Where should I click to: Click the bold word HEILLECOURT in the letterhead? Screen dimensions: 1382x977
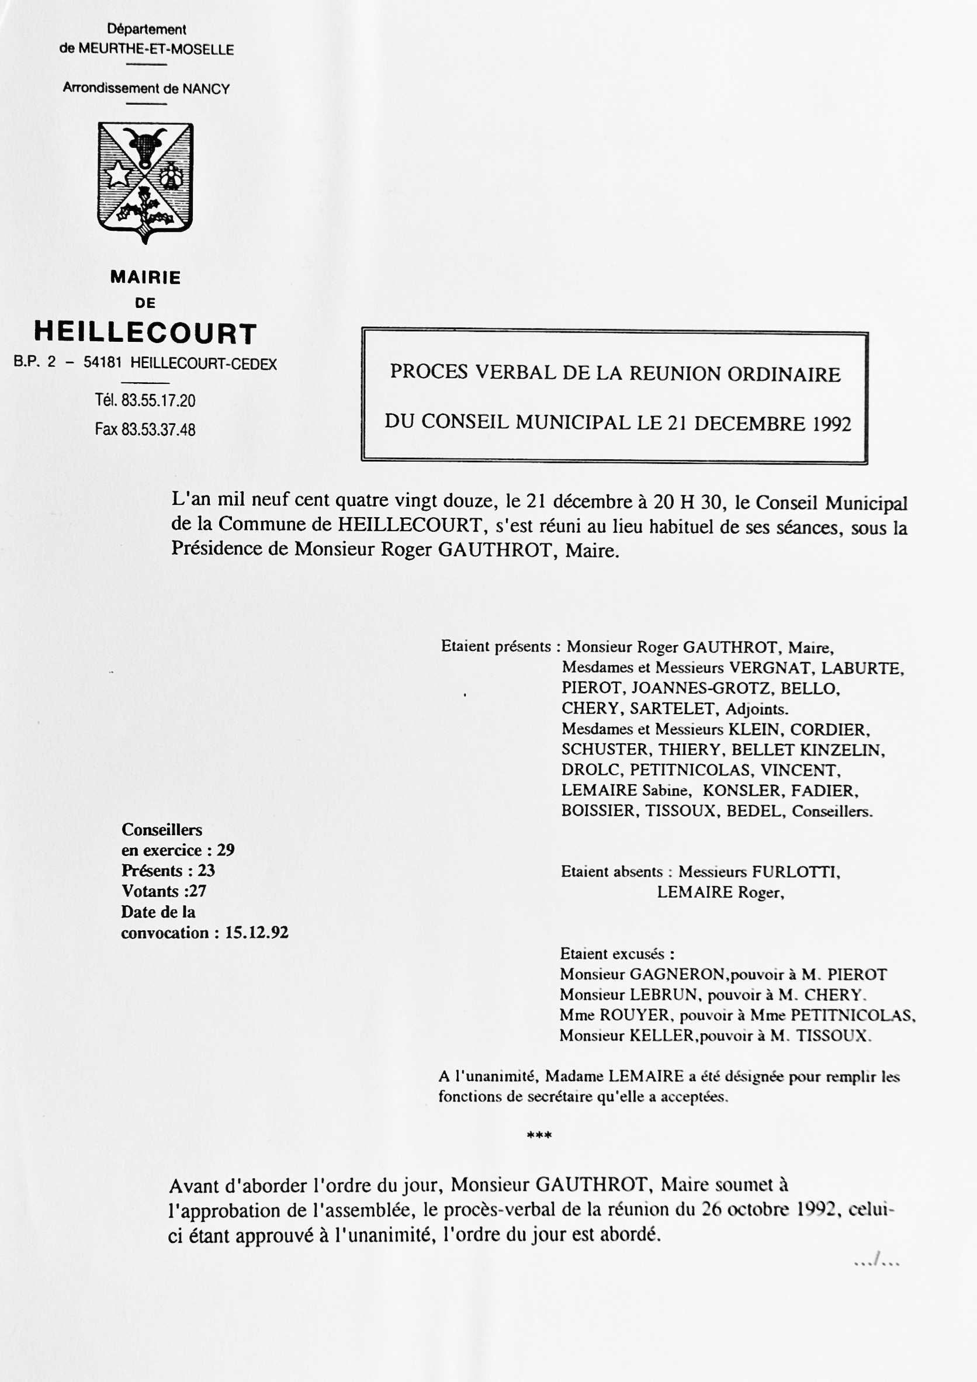click(145, 333)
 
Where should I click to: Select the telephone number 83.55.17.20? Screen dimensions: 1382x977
click(158, 400)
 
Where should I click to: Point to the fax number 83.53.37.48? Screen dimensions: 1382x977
click(158, 430)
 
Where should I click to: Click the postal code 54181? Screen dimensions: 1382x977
click(102, 363)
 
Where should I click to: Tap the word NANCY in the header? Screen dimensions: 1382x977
click(206, 89)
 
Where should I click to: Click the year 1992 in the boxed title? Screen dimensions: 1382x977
click(832, 424)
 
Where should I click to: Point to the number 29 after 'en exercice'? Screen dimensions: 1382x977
click(226, 850)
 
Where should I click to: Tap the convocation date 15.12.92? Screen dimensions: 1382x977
click(257, 933)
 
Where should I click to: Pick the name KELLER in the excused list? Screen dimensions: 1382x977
click(661, 1035)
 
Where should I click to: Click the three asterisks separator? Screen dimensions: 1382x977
click(539, 1136)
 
